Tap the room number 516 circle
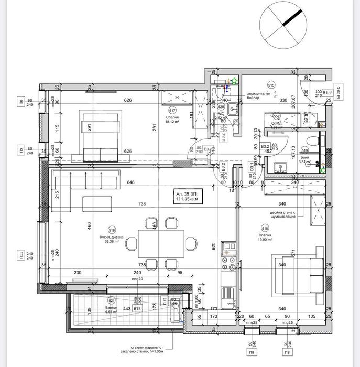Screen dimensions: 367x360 pyautogui.click(x=112, y=230)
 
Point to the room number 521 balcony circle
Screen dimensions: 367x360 pyautogui.click(x=111, y=301)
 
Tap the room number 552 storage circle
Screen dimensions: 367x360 pyautogui.click(x=277, y=116)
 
